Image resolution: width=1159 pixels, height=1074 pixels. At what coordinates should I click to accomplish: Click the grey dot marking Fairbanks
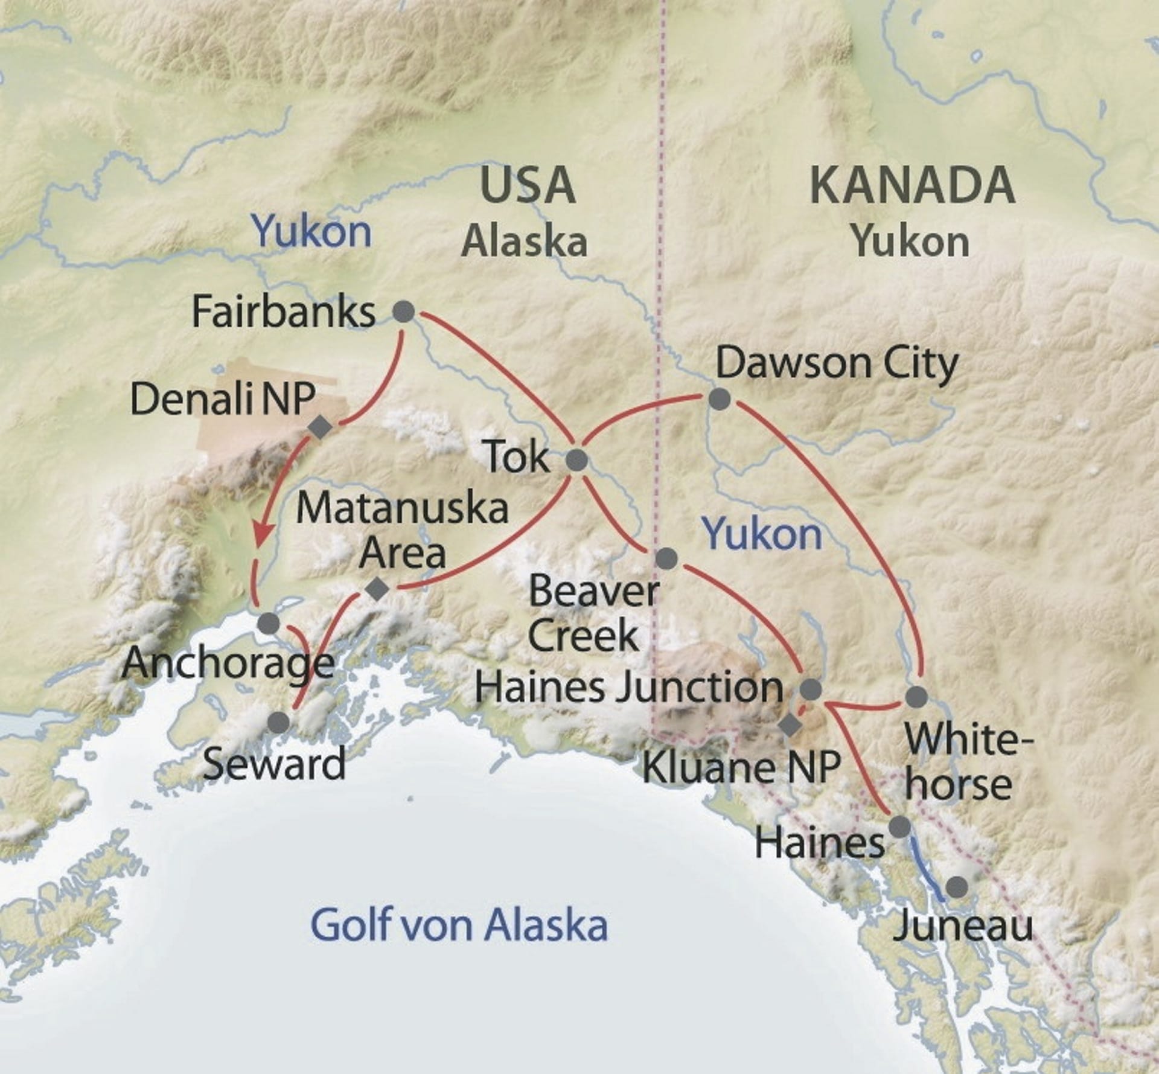[404, 312]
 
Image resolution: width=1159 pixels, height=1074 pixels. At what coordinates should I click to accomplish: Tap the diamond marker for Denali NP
[320, 427]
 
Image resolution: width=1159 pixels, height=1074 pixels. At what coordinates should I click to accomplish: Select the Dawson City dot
[719, 399]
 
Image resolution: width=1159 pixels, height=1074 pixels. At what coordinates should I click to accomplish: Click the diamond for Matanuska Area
[378, 589]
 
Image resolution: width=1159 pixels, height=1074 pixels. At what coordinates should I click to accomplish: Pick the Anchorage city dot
[269, 623]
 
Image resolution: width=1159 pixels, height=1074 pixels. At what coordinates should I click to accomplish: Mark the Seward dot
[278, 722]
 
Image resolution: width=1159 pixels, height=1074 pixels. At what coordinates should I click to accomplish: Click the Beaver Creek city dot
[666, 558]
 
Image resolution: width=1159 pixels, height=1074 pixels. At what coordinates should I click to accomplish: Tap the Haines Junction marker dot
[811, 689]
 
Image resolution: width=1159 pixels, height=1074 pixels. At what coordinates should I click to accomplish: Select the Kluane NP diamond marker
[790, 726]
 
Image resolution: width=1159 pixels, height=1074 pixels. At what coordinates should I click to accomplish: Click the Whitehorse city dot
[916, 696]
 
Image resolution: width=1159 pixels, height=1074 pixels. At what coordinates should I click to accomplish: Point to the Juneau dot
[956, 887]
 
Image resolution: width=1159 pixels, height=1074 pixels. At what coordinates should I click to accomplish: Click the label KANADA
[912, 186]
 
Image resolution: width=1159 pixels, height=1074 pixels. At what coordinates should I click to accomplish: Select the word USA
[528, 185]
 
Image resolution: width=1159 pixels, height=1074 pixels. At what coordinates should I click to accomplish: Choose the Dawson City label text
[837, 363]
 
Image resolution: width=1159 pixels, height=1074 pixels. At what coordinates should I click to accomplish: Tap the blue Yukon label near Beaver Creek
[764, 534]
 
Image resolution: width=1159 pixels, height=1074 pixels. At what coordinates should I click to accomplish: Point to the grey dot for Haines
[899, 826]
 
